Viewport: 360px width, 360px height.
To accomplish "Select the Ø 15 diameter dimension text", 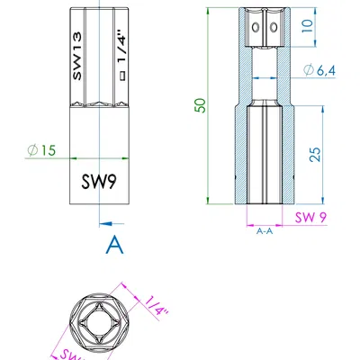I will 41,151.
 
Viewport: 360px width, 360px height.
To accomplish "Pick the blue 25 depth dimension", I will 313,154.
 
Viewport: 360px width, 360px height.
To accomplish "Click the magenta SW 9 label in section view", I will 310,217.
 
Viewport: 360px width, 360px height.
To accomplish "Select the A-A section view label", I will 265,231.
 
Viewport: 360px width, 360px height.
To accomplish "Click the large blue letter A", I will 113,244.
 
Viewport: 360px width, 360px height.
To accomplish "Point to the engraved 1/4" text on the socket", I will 118,49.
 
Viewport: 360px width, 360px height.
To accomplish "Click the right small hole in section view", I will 273,28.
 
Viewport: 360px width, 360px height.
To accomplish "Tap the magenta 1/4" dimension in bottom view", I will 156,309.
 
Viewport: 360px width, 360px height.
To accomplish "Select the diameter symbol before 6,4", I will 309,71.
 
